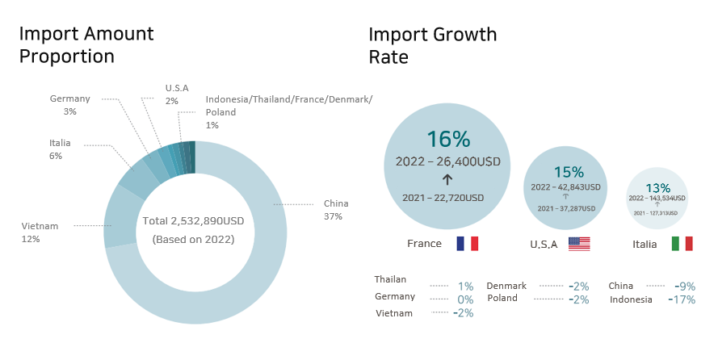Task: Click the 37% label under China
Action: [333, 216]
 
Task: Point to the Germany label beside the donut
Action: [70, 98]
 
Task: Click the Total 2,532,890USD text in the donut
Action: [193, 221]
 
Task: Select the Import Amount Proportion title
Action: [86, 45]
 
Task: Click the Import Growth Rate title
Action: [433, 45]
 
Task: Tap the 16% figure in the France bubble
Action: [448, 139]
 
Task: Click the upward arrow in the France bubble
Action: [448, 179]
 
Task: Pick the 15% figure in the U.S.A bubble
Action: [569, 172]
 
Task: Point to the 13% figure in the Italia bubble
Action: [658, 187]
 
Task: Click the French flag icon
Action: [468, 244]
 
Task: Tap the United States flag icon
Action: [579, 244]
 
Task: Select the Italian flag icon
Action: [682, 244]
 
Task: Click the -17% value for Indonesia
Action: [682, 299]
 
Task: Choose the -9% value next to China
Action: [685, 286]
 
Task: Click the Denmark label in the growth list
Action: [506, 286]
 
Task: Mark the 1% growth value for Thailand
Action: [465, 286]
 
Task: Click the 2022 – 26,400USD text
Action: [448, 161]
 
